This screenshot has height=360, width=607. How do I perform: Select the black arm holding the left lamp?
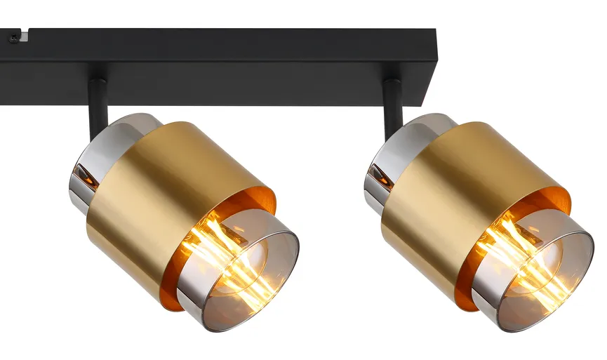tap(96, 105)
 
